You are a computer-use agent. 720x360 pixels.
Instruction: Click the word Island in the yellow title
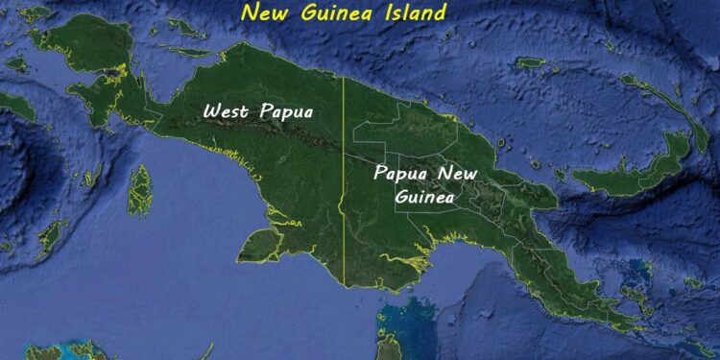tap(410, 13)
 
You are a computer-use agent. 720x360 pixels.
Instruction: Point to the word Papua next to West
tap(288, 111)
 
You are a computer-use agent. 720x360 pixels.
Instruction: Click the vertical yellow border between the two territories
tap(344, 192)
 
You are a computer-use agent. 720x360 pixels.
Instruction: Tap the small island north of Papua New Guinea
tap(530, 62)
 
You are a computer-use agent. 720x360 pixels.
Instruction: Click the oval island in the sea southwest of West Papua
tap(141, 188)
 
